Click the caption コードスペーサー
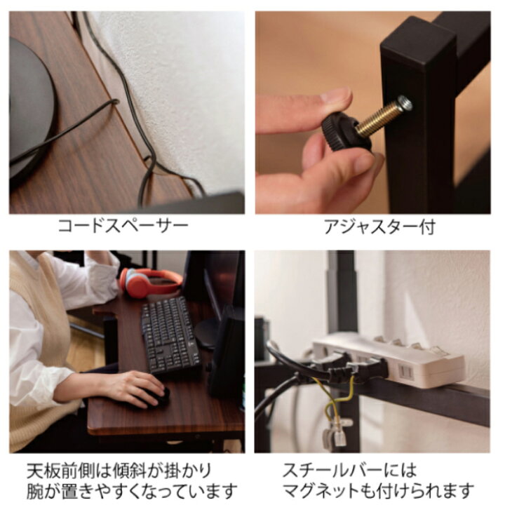coord(123,227)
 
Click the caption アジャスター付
coord(379,227)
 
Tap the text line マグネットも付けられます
coord(378,490)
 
